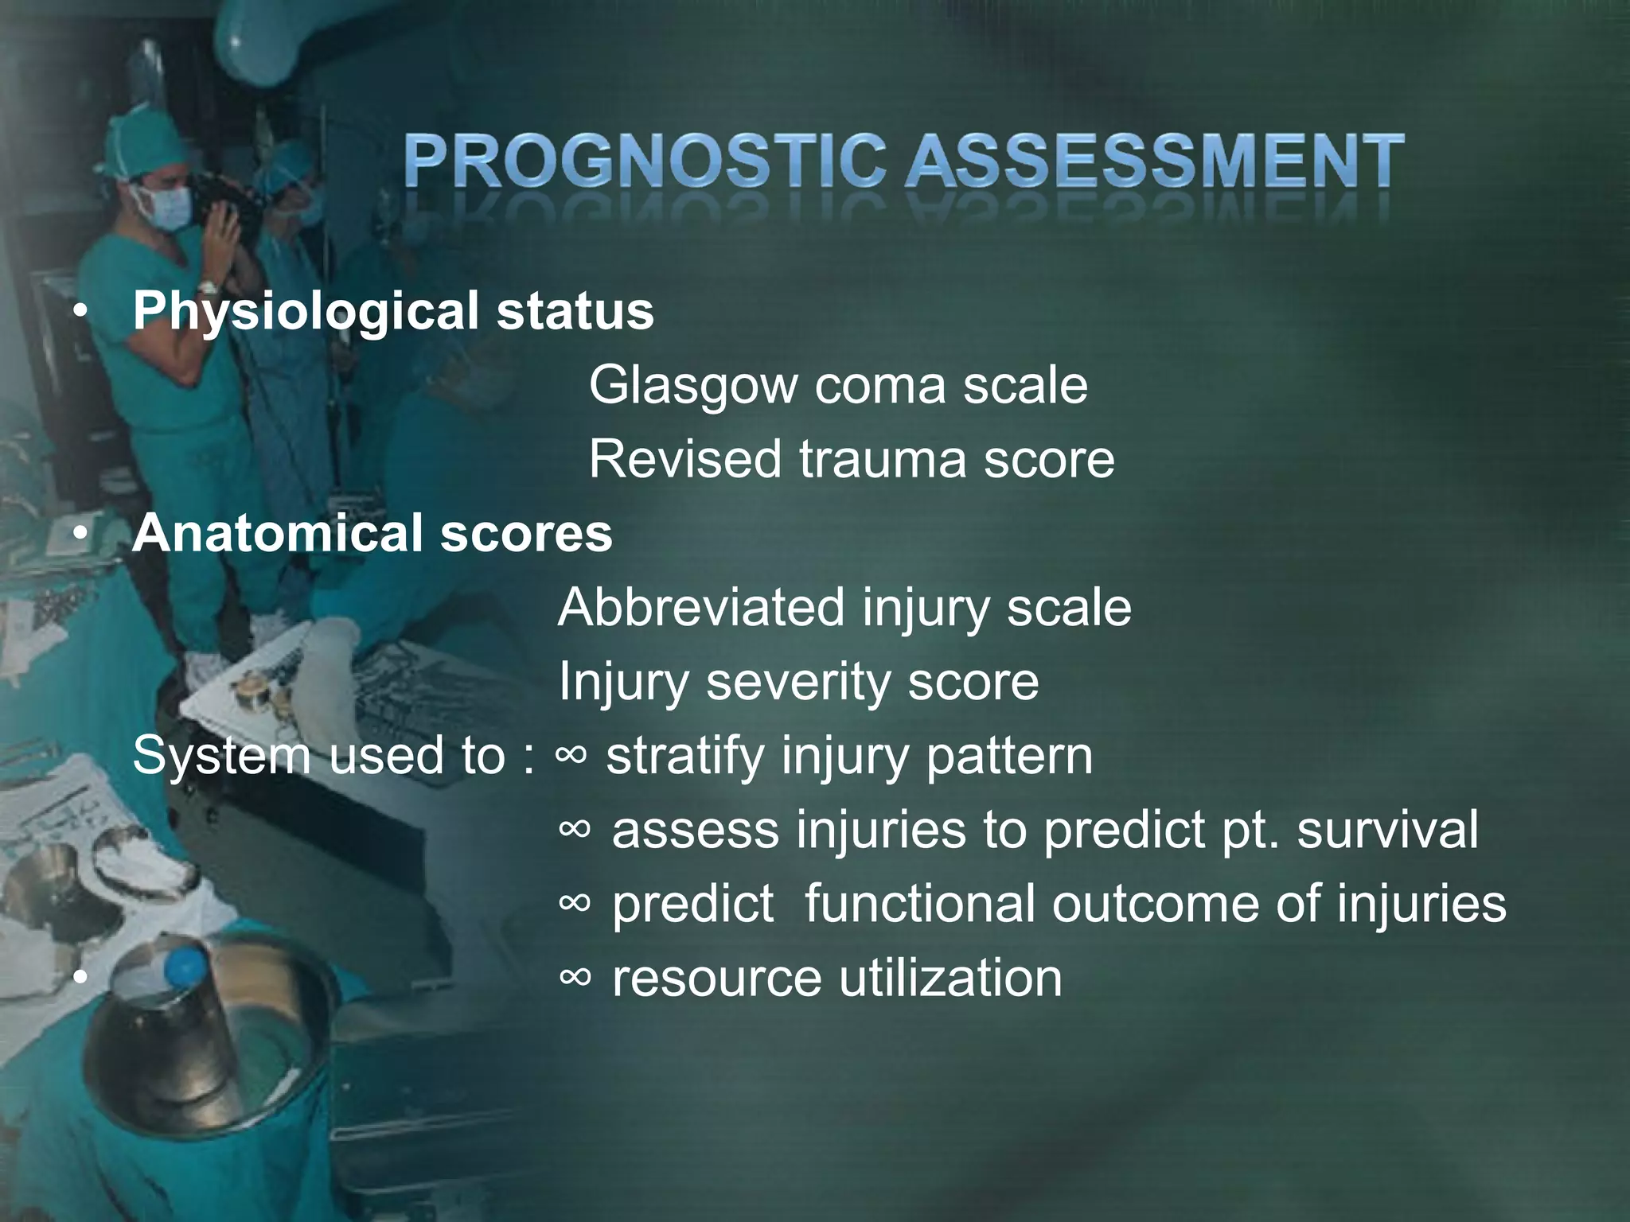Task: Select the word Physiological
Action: (x=306, y=312)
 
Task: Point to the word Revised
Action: (x=684, y=459)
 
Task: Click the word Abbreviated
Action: (x=700, y=608)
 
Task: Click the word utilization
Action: (x=950, y=979)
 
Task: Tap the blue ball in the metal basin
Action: (x=185, y=966)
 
